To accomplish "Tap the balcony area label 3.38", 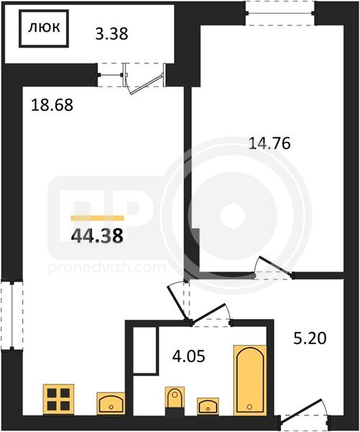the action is click(x=112, y=34).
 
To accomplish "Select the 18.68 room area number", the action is click(x=52, y=105).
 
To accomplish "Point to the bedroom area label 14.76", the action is click(x=269, y=143).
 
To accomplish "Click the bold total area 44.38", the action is click(x=97, y=236).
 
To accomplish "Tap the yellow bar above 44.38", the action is click(x=97, y=218).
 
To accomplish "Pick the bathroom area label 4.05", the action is click(x=189, y=356).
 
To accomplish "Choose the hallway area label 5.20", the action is click(x=310, y=338).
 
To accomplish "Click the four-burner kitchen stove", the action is click(x=58, y=399).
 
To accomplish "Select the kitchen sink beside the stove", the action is click(x=111, y=404).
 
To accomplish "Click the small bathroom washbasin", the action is click(x=208, y=406).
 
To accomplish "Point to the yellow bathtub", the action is click(x=250, y=380).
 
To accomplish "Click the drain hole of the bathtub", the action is click(x=250, y=406).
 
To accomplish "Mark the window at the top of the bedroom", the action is click(x=280, y=13).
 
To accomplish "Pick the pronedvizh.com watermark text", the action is click(x=107, y=268).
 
